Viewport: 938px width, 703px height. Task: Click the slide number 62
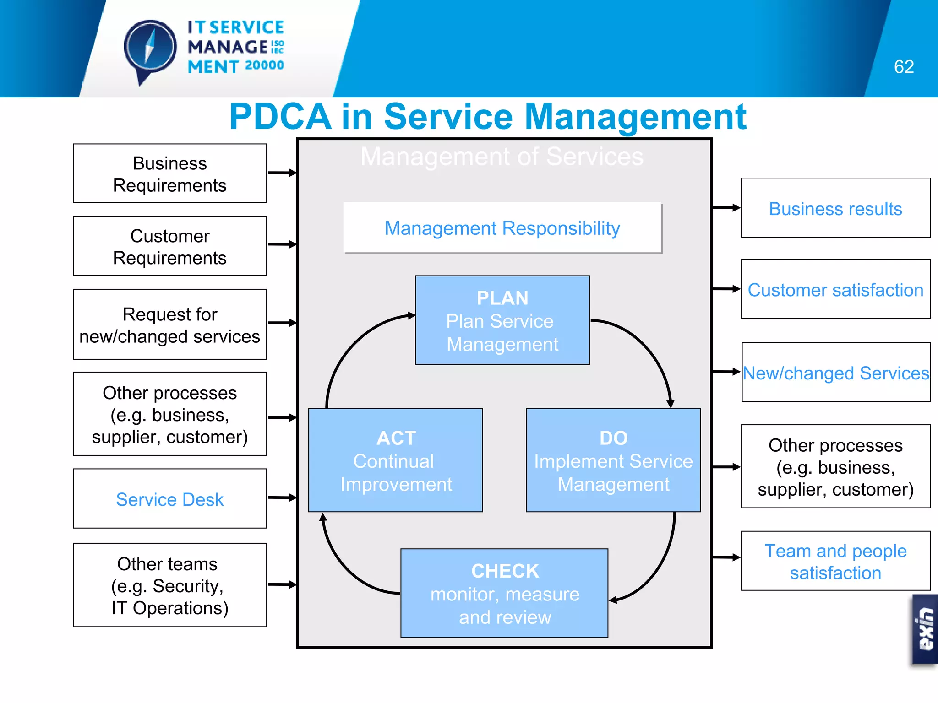[904, 67]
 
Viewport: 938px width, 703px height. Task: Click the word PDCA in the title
[280, 117]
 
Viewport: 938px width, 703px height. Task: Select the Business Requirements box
[170, 173]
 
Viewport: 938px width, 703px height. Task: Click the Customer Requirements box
[170, 246]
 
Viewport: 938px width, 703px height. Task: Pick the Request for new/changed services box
[170, 324]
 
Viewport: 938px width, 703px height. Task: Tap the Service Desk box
[170, 499]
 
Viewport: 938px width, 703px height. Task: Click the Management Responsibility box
[502, 228]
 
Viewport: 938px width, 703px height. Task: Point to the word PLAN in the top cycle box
[502, 298]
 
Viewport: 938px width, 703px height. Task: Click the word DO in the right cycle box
[613, 438]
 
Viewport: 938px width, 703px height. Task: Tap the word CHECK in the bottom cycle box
[505, 571]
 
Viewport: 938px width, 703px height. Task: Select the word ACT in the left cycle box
[396, 438]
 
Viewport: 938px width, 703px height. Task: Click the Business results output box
[835, 208]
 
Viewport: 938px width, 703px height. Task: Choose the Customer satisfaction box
[835, 290]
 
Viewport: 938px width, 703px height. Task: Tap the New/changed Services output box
[835, 373]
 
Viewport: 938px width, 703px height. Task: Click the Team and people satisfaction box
[835, 561]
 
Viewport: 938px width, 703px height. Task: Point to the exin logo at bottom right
[926, 629]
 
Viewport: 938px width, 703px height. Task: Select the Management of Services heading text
[502, 157]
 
